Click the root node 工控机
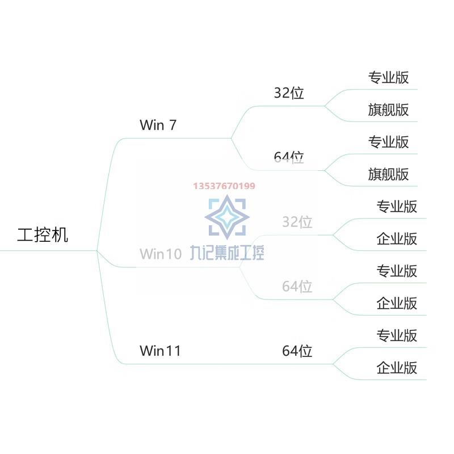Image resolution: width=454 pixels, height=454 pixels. [x=43, y=235]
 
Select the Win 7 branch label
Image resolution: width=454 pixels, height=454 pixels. [x=158, y=125]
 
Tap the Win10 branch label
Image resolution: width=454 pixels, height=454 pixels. [x=161, y=254]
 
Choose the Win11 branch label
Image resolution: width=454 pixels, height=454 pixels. [x=160, y=351]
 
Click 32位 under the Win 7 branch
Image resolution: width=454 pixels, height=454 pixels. [x=289, y=93]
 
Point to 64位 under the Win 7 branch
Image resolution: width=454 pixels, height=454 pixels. [x=289, y=157]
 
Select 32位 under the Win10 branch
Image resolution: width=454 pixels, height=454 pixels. [x=297, y=222]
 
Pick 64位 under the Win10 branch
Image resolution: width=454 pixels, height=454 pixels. [x=297, y=287]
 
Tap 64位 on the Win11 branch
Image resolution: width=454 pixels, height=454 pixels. [x=297, y=351]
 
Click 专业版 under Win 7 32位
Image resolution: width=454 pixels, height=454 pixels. [x=388, y=77]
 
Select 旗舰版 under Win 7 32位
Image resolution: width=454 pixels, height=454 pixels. [x=388, y=110]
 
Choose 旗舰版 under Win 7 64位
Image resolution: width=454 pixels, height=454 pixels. [x=388, y=174]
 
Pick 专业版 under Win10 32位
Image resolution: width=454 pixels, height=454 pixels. [x=397, y=206]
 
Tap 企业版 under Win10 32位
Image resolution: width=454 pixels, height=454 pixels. [x=397, y=238]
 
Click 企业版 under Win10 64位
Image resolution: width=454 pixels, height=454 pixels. [x=397, y=303]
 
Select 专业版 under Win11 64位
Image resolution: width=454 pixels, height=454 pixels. [x=397, y=335]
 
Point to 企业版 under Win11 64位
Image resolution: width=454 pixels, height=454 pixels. [x=397, y=367]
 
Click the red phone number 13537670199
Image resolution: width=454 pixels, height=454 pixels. [x=224, y=186]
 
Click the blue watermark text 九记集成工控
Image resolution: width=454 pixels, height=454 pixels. [x=227, y=253]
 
